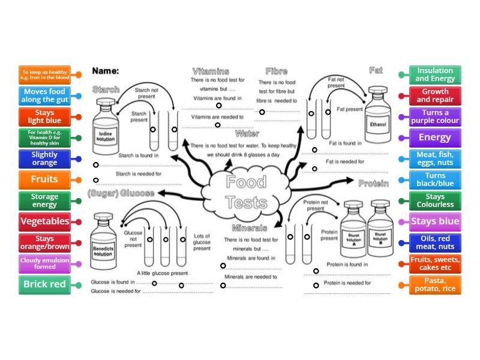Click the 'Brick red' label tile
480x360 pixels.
[x=44, y=284]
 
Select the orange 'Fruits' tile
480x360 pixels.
[x=44, y=179]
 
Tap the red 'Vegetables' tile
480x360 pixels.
[x=44, y=221]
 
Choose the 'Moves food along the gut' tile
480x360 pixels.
[x=44, y=95]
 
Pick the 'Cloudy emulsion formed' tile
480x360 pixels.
[x=44, y=263]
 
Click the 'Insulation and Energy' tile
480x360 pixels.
[x=435, y=74]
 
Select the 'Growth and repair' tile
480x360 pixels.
[x=435, y=95]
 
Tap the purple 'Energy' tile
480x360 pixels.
[x=435, y=137]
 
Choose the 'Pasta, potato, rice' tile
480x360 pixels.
[x=435, y=284]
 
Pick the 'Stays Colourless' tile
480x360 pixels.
[x=435, y=200]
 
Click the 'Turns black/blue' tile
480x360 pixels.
[x=435, y=179]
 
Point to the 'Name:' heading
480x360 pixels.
[x=106, y=71]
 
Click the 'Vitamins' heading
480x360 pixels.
[x=211, y=71]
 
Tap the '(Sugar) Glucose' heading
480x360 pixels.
[x=121, y=193]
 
